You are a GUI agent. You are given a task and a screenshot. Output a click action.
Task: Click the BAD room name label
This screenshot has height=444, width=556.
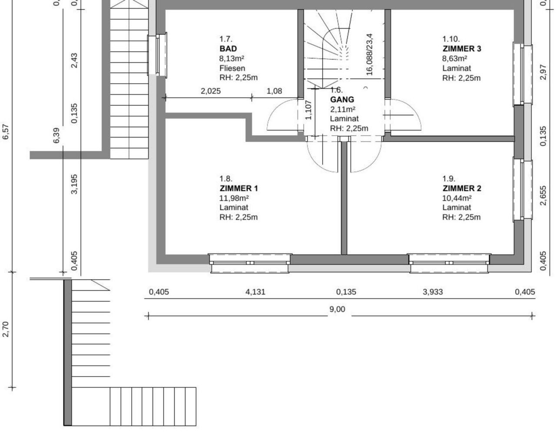[x=228, y=49]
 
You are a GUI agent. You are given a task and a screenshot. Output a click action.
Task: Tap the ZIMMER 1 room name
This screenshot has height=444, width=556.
[x=239, y=188]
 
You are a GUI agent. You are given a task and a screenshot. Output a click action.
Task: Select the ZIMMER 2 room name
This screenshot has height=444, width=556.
[x=462, y=188]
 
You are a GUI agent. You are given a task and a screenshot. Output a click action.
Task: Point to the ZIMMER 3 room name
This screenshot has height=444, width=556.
[x=462, y=49]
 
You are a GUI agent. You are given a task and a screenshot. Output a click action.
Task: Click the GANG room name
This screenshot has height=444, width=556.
[x=342, y=99]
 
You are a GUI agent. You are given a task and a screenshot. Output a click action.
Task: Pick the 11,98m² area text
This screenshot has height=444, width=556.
[x=234, y=198]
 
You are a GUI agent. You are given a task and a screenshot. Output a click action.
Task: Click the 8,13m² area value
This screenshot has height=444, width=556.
[x=232, y=58]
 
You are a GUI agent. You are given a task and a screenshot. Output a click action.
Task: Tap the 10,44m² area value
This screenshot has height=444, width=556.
[x=457, y=198]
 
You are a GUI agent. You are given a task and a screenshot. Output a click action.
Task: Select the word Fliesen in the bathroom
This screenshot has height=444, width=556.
[x=232, y=68]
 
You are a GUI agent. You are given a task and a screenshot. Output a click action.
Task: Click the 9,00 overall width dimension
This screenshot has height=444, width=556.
[x=337, y=309]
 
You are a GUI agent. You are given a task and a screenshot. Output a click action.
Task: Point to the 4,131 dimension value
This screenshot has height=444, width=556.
[x=255, y=292]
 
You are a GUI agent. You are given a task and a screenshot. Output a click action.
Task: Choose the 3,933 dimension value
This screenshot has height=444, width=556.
[x=433, y=292]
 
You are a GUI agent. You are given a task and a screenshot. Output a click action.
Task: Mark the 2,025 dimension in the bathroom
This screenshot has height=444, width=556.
[x=211, y=91]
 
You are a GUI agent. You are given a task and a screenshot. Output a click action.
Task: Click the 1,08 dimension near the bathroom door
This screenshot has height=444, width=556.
[x=274, y=91]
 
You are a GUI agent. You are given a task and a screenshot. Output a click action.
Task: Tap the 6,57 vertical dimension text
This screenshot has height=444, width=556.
[x=5, y=132]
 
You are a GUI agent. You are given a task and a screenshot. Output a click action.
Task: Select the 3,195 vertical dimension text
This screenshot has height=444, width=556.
[x=74, y=184]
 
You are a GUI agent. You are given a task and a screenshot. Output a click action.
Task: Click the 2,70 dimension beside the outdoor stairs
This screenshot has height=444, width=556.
[x=5, y=329]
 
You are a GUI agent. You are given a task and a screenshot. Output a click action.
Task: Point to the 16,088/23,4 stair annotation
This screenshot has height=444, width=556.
[x=370, y=55]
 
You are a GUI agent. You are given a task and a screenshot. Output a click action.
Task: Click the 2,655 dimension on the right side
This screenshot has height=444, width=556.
[x=543, y=196]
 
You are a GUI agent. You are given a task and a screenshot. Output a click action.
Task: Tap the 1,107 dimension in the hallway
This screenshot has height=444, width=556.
[x=308, y=110]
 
